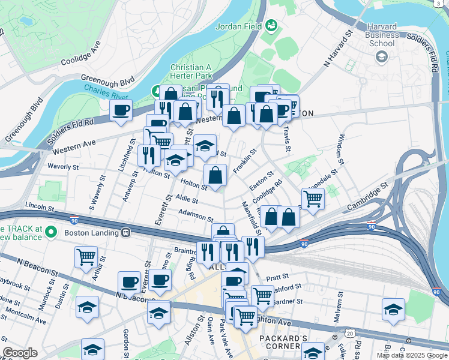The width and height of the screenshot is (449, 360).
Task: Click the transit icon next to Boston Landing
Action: click(x=126, y=232)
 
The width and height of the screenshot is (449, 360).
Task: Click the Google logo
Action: click(x=20, y=353)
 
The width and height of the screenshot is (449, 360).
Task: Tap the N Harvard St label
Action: click(x=337, y=50)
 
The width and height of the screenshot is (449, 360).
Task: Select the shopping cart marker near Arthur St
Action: click(x=86, y=257)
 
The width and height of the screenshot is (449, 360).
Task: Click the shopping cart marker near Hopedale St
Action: click(x=313, y=198)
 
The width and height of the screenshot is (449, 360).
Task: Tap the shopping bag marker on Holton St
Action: click(x=215, y=175)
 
